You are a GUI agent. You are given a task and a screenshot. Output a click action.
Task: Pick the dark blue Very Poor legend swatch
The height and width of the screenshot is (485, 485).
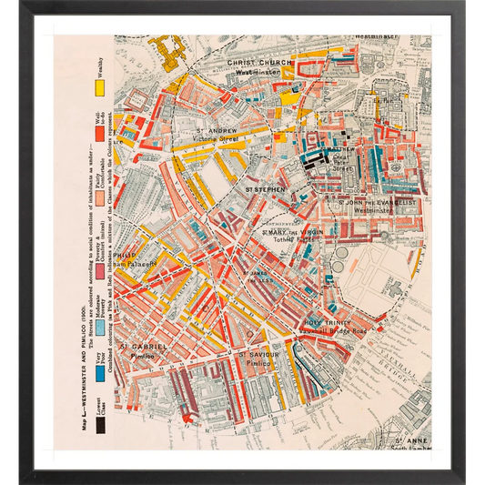point(101,374)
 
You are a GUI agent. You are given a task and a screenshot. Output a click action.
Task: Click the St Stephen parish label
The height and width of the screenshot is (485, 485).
point(264,190)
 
